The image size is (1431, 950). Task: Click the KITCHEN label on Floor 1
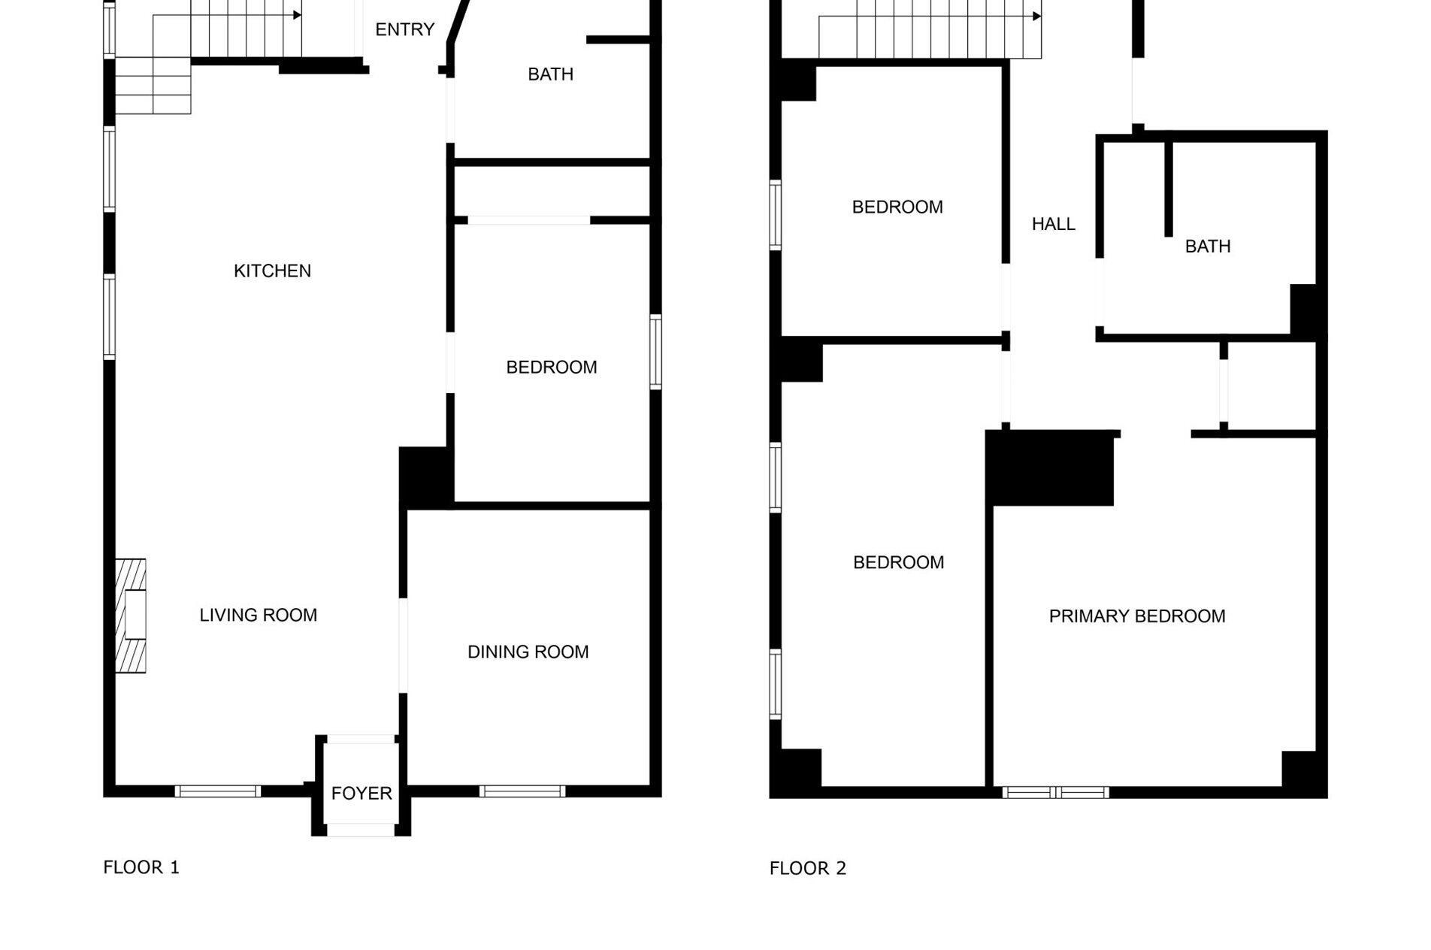272,271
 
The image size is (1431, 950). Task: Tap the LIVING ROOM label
258,615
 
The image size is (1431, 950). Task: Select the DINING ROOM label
528,652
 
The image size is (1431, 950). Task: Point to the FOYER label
362,793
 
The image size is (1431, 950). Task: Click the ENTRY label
404,29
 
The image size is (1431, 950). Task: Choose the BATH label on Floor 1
550,74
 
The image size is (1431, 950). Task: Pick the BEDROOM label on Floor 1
551,367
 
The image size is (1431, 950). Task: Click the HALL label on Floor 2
1053,224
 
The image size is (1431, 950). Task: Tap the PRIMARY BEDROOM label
1136,616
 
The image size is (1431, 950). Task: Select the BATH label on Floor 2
1207,246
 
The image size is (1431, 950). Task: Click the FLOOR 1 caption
141,867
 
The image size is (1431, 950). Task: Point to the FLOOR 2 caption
807,868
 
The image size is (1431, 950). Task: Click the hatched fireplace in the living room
130,615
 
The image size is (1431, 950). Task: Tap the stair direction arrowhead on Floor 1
298,15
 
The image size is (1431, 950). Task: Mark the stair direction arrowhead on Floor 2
1037,16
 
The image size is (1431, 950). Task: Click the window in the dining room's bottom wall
522,791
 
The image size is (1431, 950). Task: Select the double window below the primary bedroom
1055,792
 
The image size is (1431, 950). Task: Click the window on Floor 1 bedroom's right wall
655,352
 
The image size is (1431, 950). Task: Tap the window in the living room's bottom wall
218,791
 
